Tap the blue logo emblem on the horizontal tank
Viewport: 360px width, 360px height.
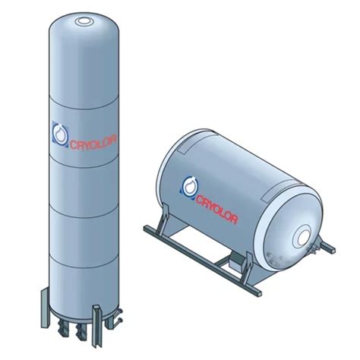click(189, 185)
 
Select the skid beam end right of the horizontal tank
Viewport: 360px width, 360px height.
click(329, 247)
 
